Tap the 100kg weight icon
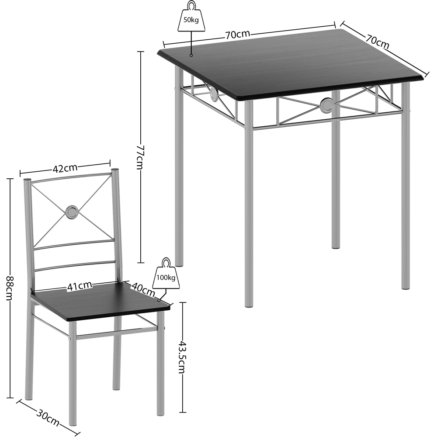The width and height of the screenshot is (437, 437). click(x=165, y=277)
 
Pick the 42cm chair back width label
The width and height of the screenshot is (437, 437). click(x=65, y=168)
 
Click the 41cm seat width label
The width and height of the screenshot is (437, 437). click(x=79, y=286)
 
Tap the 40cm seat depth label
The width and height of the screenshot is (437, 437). click(x=142, y=288)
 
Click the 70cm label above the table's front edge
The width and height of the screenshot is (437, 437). click(x=238, y=35)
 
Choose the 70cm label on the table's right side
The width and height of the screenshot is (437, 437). click(x=377, y=41)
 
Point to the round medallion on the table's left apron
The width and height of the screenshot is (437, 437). click(x=212, y=95)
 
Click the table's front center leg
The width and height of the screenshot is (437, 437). click(x=248, y=205)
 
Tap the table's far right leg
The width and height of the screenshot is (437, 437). click(x=406, y=188)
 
